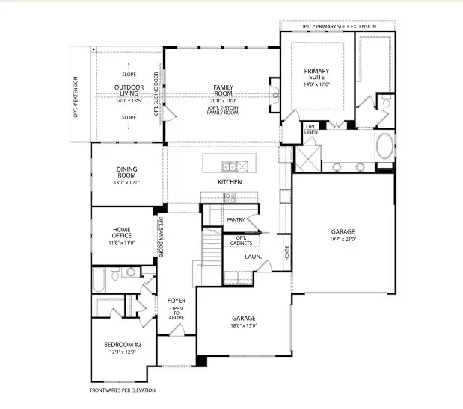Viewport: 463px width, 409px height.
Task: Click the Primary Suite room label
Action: (316, 75)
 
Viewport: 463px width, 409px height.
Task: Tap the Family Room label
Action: (223, 90)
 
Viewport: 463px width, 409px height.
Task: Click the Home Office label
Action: (123, 233)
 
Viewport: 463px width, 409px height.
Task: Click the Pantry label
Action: (236, 219)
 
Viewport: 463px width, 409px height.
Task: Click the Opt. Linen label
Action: (310, 129)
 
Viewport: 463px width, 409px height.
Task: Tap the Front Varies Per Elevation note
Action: (123, 390)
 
